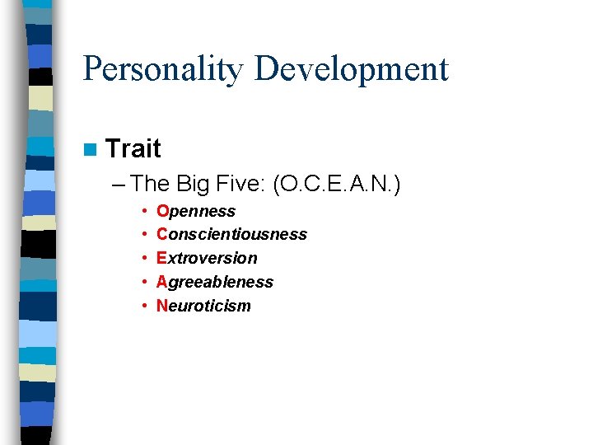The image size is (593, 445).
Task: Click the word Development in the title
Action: (x=351, y=69)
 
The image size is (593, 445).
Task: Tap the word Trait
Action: (x=133, y=149)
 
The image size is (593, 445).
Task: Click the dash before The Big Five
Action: (x=117, y=183)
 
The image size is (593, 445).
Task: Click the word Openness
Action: (x=196, y=212)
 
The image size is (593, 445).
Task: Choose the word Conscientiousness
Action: (x=231, y=235)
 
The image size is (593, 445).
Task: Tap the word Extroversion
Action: (x=207, y=259)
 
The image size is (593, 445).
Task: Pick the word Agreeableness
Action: (x=214, y=283)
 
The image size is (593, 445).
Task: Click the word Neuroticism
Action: (x=203, y=307)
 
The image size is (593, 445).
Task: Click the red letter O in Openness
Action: (x=162, y=212)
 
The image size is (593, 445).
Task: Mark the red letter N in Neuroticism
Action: (x=162, y=307)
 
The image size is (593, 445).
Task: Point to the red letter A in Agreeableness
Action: (x=161, y=283)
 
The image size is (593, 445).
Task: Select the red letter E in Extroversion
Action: (x=161, y=259)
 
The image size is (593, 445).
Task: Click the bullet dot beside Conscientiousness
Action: (x=144, y=235)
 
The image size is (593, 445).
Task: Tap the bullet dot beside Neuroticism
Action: (x=144, y=307)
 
